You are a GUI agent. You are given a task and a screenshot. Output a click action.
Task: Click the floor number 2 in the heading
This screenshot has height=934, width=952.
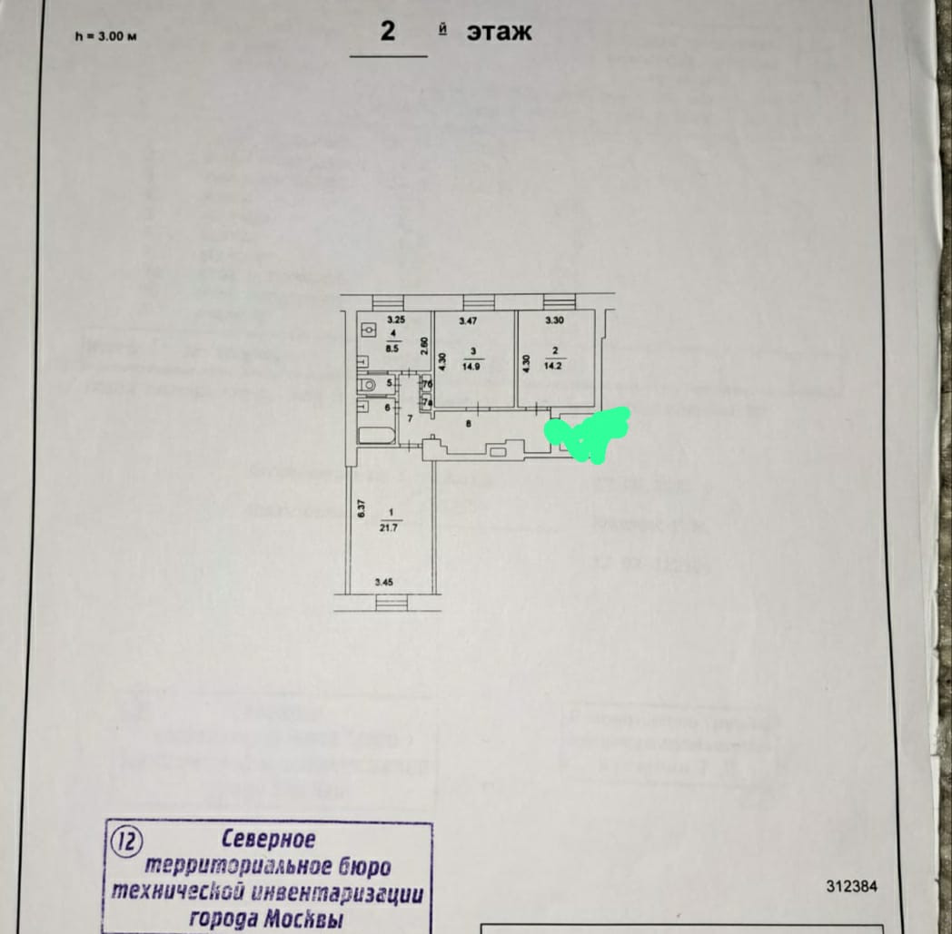tap(388, 31)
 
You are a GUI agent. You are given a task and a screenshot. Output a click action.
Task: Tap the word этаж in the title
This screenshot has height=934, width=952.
tap(499, 32)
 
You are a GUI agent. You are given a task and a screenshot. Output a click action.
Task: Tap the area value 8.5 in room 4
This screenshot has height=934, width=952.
tap(394, 346)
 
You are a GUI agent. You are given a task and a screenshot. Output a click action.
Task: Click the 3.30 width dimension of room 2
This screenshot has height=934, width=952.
tap(554, 320)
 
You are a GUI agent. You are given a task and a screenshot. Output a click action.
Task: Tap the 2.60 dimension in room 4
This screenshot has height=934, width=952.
tap(424, 347)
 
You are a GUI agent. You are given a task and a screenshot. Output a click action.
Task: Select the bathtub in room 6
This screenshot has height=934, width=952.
tap(377, 435)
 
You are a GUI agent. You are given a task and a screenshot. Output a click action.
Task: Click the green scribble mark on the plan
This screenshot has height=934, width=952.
tap(588, 430)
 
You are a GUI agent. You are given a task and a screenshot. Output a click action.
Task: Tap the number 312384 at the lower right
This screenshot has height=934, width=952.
tap(851, 887)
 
